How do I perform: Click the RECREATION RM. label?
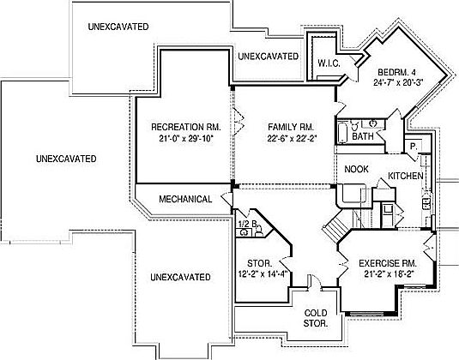point(186,127)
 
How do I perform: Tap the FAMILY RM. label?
point(291,127)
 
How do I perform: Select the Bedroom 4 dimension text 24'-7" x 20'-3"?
point(399,82)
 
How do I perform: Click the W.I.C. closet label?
point(329,63)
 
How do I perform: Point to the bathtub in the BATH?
point(341,133)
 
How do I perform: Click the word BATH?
point(363,136)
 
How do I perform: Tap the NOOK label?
point(356,169)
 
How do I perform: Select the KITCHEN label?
point(406,176)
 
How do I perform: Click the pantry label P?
point(414,147)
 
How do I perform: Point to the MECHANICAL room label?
point(185,199)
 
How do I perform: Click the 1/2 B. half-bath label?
point(248,224)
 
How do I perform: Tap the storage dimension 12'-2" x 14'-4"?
point(263,274)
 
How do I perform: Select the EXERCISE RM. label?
point(388,263)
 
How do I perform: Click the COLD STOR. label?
point(316,318)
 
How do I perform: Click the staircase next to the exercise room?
point(336,226)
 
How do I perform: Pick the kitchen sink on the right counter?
point(426,203)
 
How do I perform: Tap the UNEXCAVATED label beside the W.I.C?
point(269,57)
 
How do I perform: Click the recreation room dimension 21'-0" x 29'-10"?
point(186,138)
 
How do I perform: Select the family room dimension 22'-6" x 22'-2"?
point(292,138)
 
